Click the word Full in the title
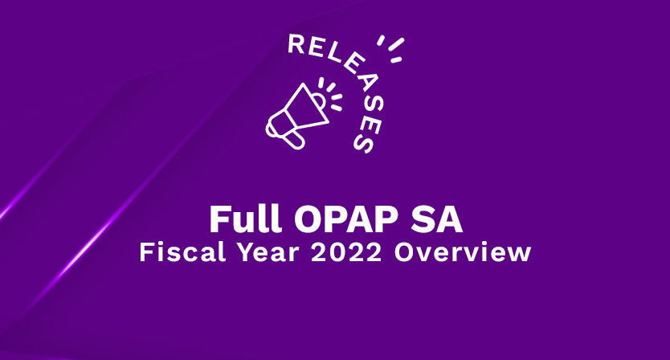click(245, 219)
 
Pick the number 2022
click(346, 252)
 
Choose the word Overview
click(463, 252)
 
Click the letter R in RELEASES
click(297, 44)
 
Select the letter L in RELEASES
click(330, 57)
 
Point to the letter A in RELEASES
click(361, 85)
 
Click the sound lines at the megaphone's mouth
click(331, 92)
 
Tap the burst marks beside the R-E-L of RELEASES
click(391, 49)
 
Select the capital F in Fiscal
click(146, 252)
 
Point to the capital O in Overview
click(404, 252)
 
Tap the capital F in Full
click(218, 219)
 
